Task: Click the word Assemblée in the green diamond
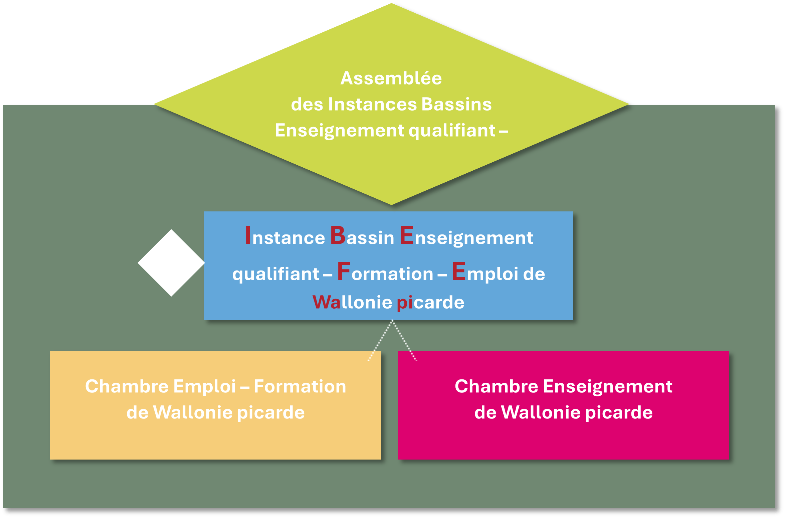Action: (391, 78)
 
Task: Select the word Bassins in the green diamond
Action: (456, 104)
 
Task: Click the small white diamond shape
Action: (171, 263)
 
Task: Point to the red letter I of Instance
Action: (248, 235)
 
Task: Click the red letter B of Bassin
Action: (338, 235)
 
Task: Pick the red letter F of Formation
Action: (344, 271)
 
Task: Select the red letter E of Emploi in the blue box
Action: (459, 271)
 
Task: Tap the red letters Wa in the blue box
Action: (326, 302)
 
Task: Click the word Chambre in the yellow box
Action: (127, 386)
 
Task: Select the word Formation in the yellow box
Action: (300, 386)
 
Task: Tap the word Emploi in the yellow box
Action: (204, 387)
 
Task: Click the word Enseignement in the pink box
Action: (608, 387)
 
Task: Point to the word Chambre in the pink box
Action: (496, 386)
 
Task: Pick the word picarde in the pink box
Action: (619, 413)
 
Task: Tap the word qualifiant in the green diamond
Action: (452, 131)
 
